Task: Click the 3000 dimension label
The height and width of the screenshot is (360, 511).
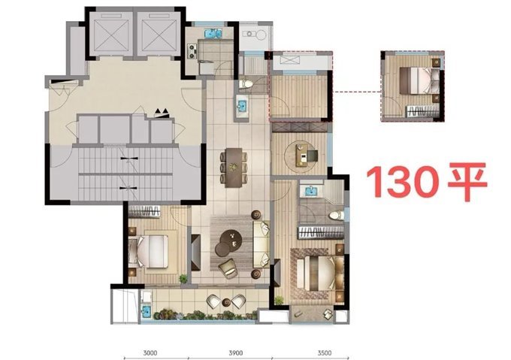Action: coord(150,352)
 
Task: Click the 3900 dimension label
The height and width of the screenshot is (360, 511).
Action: coord(236,352)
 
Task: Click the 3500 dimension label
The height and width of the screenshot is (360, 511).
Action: coord(325,352)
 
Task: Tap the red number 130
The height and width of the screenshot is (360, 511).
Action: coord(402,181)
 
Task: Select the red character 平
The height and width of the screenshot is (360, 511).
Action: coord(468,181)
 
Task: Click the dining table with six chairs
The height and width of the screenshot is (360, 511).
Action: coord(234,168)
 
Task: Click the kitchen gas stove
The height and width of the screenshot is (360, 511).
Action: coord(192,51)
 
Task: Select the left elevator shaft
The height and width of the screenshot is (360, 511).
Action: coord(111,34)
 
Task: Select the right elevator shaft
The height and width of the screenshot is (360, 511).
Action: coord(159,34)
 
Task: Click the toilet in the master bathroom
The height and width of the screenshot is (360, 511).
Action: coord(337,215)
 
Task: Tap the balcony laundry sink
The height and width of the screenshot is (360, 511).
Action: coord(145,310)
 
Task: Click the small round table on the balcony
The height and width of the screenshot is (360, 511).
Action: coord(226,302)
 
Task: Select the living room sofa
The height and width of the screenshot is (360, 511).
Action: coord(262,244)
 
